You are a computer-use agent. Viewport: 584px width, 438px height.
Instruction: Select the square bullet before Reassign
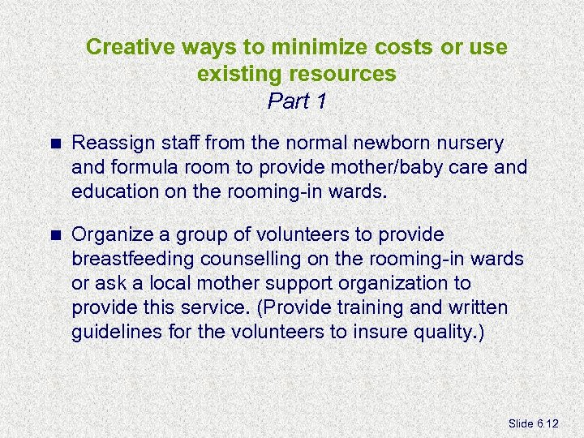click(55, 144)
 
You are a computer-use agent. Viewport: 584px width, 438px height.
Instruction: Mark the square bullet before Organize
click(55, 235)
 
